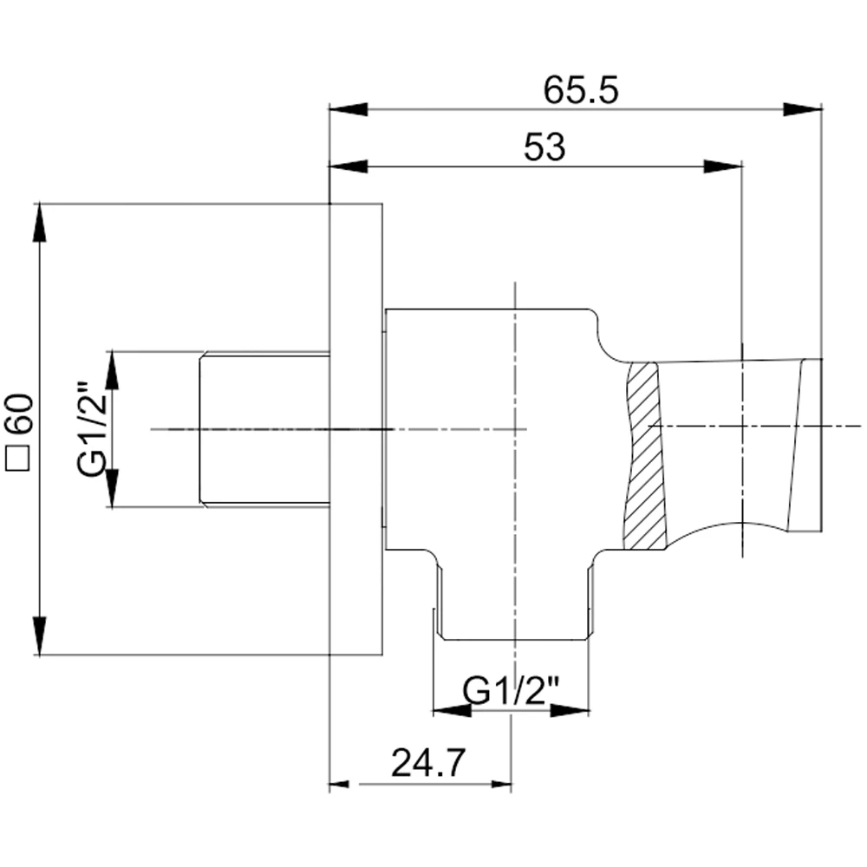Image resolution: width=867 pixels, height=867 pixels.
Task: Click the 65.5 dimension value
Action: point(581,90)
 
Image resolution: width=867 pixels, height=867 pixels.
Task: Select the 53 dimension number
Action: point(544,147)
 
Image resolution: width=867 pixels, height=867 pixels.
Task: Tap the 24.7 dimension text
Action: point(428,763)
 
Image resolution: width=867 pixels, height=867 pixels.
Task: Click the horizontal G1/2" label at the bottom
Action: point(512,691)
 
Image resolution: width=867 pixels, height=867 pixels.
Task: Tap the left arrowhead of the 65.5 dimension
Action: point(349,109)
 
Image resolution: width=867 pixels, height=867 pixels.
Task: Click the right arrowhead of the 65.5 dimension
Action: point(803,109)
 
